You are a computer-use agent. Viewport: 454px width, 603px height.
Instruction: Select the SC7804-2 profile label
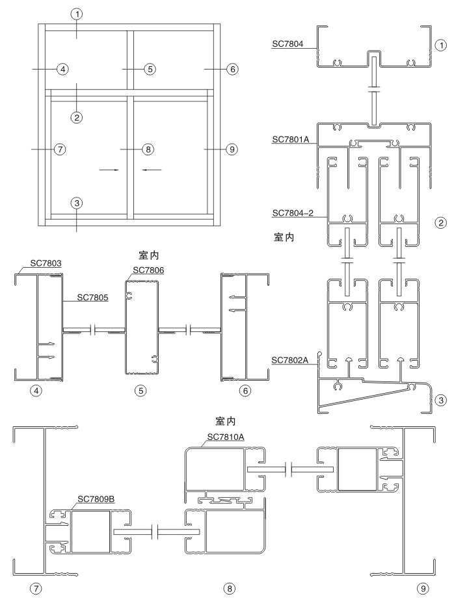click(x=294, y=212)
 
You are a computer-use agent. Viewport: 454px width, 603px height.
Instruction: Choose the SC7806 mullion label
click(x=148, y=270)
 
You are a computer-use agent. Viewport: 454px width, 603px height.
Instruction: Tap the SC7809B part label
click(x=96, y=499)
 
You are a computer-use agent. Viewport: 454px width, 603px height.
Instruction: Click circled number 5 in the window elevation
click(x=149, y=68)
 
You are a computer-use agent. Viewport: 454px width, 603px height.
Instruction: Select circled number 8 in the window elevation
click(x=148, y=149)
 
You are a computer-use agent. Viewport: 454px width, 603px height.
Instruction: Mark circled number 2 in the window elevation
click(x=77, y=117)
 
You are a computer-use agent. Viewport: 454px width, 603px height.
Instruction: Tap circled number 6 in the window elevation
click(x=232, y=68)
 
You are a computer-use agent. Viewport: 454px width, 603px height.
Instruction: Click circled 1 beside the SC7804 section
click(x=441, y=46)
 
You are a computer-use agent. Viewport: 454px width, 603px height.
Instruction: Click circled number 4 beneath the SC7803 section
click(x=38, y=391)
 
